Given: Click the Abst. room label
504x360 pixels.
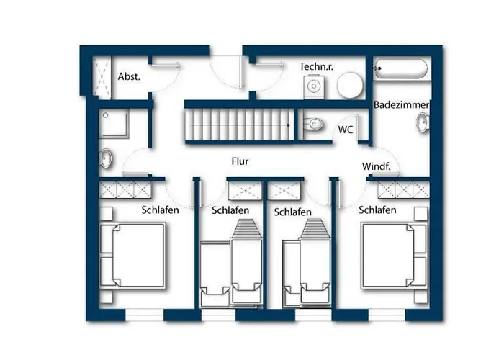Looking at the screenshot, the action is pyautogui.click(x=129, y=76).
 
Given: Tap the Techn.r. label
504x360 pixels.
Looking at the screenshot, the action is pyautogui.click(x=316, y=66).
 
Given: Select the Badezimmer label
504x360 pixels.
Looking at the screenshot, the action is pyautogui.click(x=401, y=105).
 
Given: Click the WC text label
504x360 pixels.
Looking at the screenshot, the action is pyautogui.click(x=346, y=130).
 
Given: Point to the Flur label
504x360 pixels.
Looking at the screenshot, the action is pyautogui.click(x=240, y=161).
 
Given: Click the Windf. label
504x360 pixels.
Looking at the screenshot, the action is pyautogui.click(x=376, y=166).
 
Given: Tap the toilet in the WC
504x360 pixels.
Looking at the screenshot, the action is pyautogui.click(x=312, y=124).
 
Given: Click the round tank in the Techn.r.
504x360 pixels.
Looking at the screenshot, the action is pyautogui.click(x=350, y=85).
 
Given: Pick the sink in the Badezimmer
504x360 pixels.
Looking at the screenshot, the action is pyautogui.click(x=423, y=122).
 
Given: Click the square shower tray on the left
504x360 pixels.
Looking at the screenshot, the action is pyautogui.click(x=114, y=123).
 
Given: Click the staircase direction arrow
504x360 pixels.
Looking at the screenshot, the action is pyautogui.click(x=240, y=125).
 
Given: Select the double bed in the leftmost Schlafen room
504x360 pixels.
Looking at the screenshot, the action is pyautogui.click(x=132, y=255).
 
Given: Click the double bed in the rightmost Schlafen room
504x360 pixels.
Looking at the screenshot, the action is pyautogui.click(x=394, y=256).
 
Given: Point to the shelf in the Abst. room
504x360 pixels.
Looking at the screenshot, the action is pyautogui.click(x=102, y=76).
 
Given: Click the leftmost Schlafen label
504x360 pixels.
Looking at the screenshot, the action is pyautogui.click(x=160, y=210).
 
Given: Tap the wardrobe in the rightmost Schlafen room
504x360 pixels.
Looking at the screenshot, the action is pyautogui.click(x=403, y=189).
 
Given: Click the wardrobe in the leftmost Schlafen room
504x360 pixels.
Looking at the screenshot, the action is pyautogui.click(x=125, y=189).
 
